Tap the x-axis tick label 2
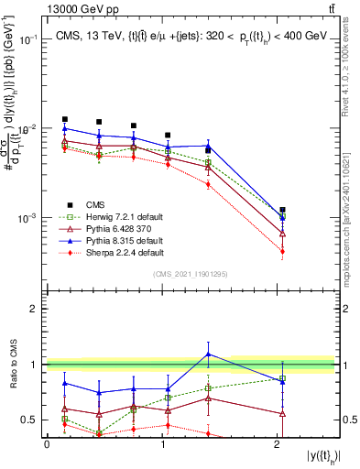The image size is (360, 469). tap(278, 443)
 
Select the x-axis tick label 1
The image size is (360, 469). tap(162, 443)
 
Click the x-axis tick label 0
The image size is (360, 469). tap(47, 443)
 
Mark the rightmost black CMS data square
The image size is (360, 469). tap(282, 210)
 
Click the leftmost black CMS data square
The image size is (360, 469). tap(64, 119)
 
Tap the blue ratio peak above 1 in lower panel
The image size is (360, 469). tap(209, 354)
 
